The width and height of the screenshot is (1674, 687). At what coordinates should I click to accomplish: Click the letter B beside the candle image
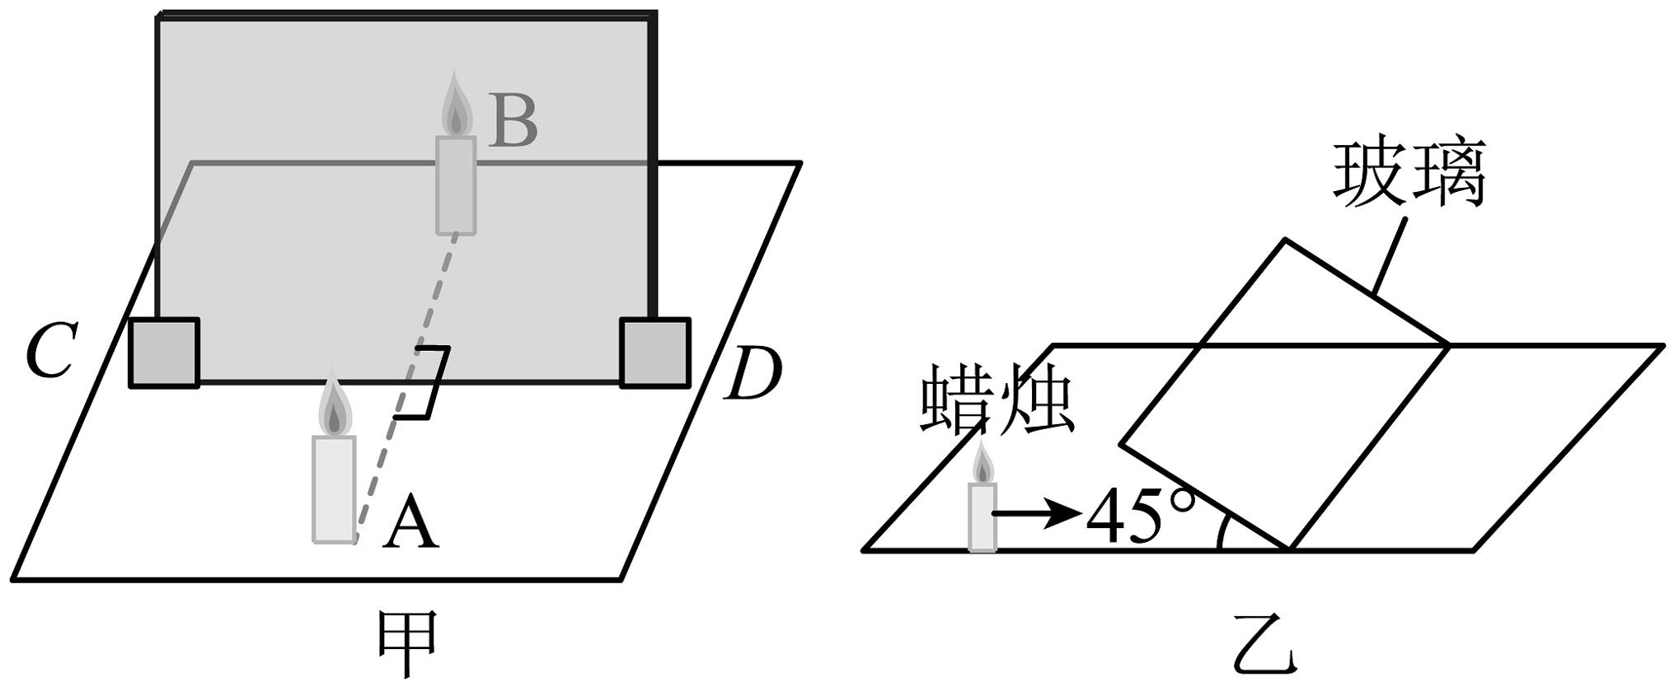tap(513, 122)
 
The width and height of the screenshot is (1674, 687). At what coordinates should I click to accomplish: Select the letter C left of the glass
tap(51, 350)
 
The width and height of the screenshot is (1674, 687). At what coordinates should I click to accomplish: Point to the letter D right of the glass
tap(752, 375)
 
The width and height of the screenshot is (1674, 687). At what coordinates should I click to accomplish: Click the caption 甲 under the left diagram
tap(407, 643)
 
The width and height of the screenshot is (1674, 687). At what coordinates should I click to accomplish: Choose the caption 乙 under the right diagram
tap(1264, 652)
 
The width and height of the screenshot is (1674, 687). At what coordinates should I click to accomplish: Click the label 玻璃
tap(1409, 175)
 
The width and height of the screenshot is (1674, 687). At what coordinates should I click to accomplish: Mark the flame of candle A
tap(334, 409)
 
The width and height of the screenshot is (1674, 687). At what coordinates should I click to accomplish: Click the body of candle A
tap(334, 489)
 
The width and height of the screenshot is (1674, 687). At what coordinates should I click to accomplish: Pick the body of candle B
tap(456, 185)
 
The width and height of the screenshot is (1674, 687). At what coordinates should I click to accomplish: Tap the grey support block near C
tap(164, 353)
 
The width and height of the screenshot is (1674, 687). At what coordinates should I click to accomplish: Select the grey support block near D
tap(654, 353)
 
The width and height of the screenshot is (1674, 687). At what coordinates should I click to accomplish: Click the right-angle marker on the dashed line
tap(429, 382)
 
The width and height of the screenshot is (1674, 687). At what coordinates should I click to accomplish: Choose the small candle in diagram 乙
tap(982, 502)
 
